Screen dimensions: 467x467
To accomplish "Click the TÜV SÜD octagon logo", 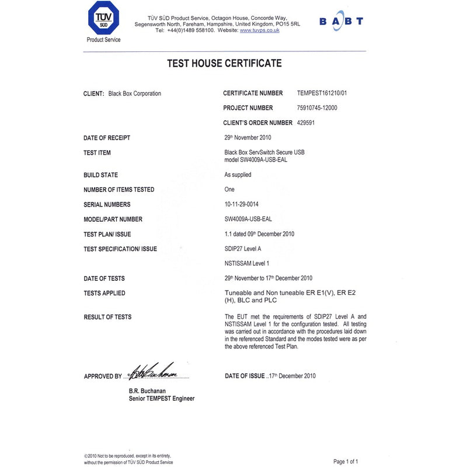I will [x=103, y=19].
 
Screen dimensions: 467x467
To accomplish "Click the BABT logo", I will [x=341, y=22].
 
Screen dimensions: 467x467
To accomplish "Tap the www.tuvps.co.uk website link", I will [x=259, y=30].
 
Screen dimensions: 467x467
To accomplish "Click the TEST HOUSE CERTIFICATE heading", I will [x=224, y=64].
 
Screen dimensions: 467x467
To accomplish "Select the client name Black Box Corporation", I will [x=135, y=93].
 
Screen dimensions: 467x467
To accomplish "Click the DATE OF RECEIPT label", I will [x=107, y=138].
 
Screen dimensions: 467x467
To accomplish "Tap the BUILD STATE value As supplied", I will [x=238, y=175].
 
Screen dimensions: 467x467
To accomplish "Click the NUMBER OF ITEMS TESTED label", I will [x=119, y=190].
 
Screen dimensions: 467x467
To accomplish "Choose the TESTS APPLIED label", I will [x=104, y=294].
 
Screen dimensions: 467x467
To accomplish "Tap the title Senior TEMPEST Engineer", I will [x=162, y=399].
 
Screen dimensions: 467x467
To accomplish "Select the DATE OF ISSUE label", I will [x=245, y=376].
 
